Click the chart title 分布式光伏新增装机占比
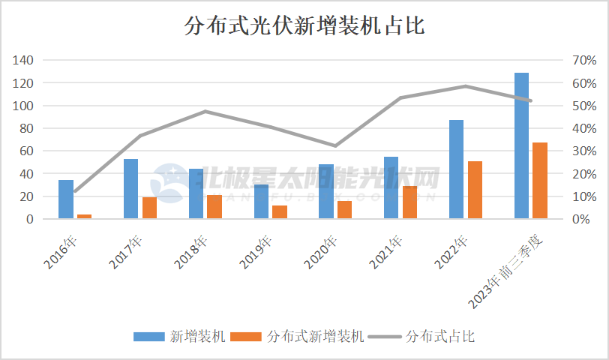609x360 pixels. pos(304,27)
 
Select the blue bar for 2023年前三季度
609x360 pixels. pos(521,146)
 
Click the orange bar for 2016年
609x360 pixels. pos(84,217)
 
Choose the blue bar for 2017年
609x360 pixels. pos(131,189)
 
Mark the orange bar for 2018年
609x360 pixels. pos(214,207)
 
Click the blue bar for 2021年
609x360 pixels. pos(391,187)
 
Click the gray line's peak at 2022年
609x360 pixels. pos(465,86)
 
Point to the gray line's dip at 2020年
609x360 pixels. pos(335,145)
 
